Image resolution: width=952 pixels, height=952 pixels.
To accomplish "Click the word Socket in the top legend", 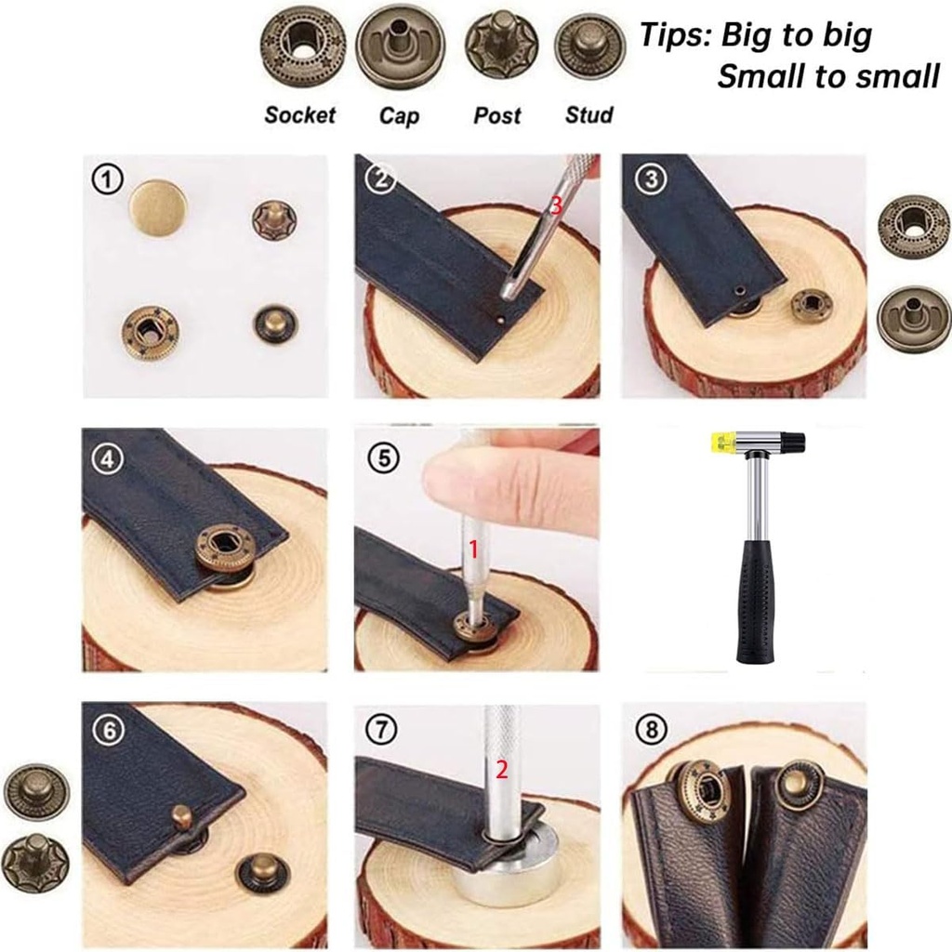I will [x=299, y=115].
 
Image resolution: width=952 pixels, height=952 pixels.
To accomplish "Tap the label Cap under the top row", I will [x=399, y=115].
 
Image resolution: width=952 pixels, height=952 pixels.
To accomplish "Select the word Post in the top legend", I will [x=497, y=115].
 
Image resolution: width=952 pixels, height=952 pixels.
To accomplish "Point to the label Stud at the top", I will [x=589, y=115].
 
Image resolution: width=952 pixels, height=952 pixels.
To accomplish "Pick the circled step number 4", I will [x=108, y=457].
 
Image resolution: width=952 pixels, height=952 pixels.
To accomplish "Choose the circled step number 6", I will [x=110, y=730].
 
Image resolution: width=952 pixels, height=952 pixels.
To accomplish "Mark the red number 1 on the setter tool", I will [x=472, y=549].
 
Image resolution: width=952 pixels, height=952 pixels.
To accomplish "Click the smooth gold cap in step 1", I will [x=156, y=207].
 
